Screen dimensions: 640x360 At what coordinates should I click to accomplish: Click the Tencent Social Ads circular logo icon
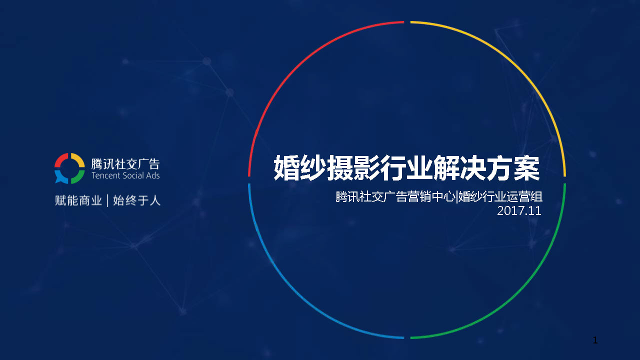tap(69, 168)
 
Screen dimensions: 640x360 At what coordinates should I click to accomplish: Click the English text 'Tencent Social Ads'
tap(125, 175)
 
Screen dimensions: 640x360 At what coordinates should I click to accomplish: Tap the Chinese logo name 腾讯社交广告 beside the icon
tap(125, 164)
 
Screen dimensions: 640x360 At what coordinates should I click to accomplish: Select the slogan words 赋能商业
tap(78, 200)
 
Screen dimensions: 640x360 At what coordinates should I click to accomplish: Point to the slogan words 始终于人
tap(136, 200)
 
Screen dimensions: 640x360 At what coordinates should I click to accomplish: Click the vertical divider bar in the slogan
tap(107, 200)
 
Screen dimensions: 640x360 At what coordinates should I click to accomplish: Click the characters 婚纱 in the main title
tap(299, 167)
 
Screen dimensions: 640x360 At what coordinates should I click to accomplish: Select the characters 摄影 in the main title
tap(353, 167)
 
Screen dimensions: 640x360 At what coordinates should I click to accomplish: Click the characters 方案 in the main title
tap(512, 167)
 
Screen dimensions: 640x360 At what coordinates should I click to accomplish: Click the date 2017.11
tap(519, 211)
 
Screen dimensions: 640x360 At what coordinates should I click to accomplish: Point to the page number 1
tap(595, 340)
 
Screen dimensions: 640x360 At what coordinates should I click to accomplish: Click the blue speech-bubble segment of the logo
tap(61, 176)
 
